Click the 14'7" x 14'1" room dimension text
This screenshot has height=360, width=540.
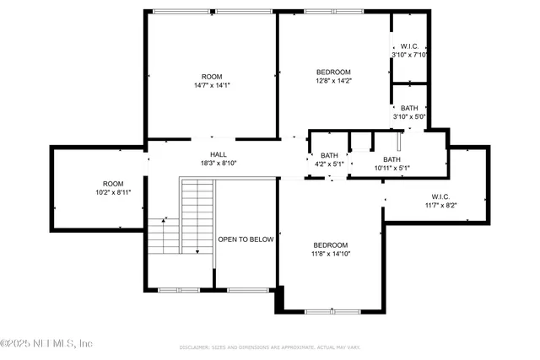tap(212, 85)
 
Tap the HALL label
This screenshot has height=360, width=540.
tap(219, 154)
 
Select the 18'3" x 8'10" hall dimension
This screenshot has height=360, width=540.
tap(219, 164)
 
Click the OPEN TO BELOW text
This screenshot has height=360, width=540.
tap(246, 239)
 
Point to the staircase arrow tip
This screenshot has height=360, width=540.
tap(197, 252)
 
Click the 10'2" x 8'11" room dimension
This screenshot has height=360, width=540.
tap(113, 193)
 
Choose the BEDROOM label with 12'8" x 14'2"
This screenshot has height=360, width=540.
tap(333, 73)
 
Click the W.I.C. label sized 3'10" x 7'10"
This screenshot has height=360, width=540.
tap(409, 46)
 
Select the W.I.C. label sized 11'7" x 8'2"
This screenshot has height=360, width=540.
tap(440, 196)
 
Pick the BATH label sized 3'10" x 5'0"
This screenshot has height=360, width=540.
tap(409, 108)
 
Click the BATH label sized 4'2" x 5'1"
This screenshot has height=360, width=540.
tap(329, 155)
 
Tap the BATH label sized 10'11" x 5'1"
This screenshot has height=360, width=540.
tap(392, 159)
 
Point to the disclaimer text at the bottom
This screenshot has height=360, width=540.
tap(270, 347)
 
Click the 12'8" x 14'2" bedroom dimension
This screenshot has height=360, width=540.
tap(333, 82)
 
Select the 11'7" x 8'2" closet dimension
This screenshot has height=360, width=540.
tap(440, 206)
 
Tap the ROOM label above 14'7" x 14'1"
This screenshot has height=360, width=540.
tap(212, 76)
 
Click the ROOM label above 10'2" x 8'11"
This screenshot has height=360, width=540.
tap(113, 184)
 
